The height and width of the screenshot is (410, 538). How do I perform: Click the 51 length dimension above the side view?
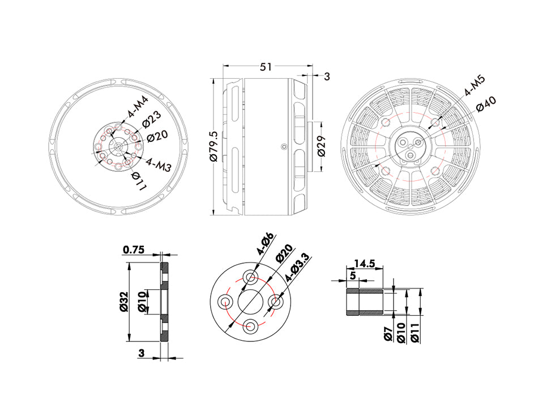[x=265, y=67]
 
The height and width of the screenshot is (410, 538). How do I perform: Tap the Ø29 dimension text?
[x=321, y=146]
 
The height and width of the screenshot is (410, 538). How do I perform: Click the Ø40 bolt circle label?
[x=486, y=104]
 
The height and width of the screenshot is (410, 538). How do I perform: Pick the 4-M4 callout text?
[x=138, y=106]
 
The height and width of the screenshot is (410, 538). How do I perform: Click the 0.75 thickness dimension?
[x=133, y=250]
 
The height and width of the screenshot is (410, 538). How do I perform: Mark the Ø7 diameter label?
[x=388, y=335]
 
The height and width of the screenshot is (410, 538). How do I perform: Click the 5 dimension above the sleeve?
[x=353, y=276]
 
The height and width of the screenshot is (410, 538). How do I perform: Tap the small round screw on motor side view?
[x=283, y=146]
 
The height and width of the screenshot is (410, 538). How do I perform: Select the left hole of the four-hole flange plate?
[x=225, y=301]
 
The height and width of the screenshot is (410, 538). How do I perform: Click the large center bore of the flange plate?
[x=250, y=301]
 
